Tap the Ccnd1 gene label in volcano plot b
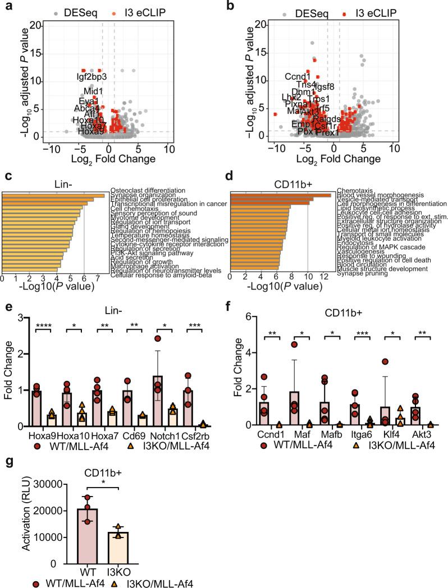tap(298, 76)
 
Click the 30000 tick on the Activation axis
tap(46, 485)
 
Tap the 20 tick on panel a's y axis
tap(35, 25)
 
